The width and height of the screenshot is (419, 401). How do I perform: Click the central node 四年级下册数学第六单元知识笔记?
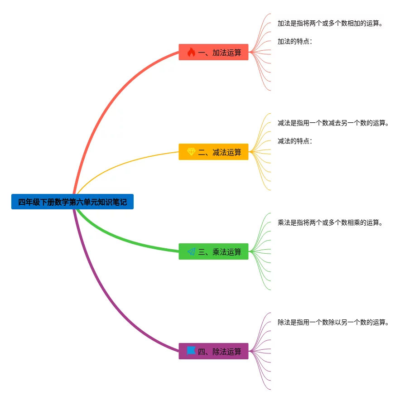[x=72, y=202]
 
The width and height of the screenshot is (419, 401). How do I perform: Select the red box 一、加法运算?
[x=213, y=52]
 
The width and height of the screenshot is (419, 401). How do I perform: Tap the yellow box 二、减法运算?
[x=213, y=152]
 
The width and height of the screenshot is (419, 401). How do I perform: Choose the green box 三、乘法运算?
[x=213, y=251]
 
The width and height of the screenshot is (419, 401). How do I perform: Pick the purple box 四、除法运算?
[x=213, y=351]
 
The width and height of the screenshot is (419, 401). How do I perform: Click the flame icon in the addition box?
[x=191, y=52]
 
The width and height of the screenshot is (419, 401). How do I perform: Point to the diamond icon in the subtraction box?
[x=191, y=152]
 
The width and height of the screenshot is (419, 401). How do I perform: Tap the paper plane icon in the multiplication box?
[x=191, y=251]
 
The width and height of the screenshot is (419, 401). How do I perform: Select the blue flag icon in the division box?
[x=191, y=351]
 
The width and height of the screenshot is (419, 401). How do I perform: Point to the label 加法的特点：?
[x=295, y=41]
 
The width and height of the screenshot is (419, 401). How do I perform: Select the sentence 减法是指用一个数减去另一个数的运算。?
[x=333, y=123]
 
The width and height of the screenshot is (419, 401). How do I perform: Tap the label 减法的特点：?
[x=295, y=141]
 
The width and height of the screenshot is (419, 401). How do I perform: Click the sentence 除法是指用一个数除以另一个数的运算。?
[x=333, y=322]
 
